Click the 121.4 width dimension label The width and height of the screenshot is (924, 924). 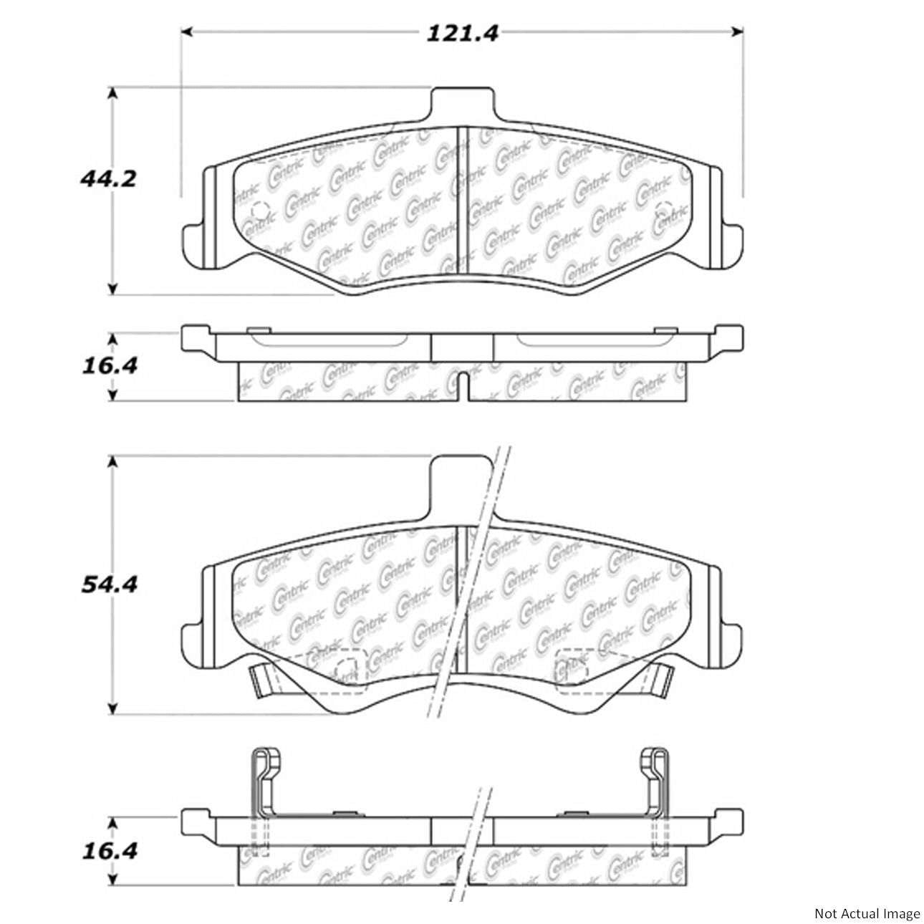coord(462,33)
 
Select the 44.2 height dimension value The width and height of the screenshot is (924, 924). coord(107,179)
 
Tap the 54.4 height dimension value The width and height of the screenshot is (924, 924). coord(107,584)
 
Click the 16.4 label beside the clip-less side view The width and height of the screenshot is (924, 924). coord(107,366)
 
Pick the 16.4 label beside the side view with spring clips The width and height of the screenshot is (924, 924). coord(107,851)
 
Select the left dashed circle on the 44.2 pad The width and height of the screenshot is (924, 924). coord(259,210)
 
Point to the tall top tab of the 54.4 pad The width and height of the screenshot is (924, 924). coord(463,483)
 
